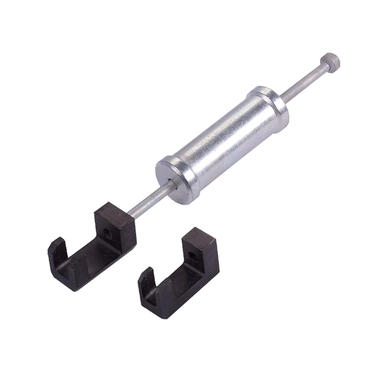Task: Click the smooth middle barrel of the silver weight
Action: (223, 142)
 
